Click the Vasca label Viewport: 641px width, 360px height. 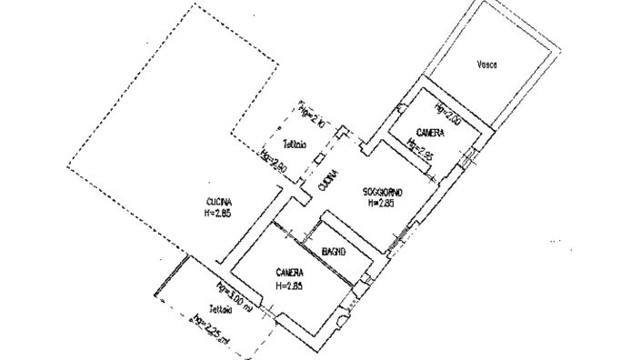pyautogui.click(x=487, y=65)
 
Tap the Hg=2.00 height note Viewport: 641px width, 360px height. pyautogui.click(x=448, y=115)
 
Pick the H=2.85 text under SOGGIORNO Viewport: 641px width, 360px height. pyautogui.click(x=380, y=204)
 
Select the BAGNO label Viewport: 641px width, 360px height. pyautogui.click(x=336, y=252)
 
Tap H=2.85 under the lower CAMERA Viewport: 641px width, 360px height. pyautogui.click(x=289, y=285)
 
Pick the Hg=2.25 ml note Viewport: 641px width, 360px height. pyautogui.click(x=213, y=327)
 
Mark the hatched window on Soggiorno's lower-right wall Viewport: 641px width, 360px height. pyautogui.click(x=396, y=239)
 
